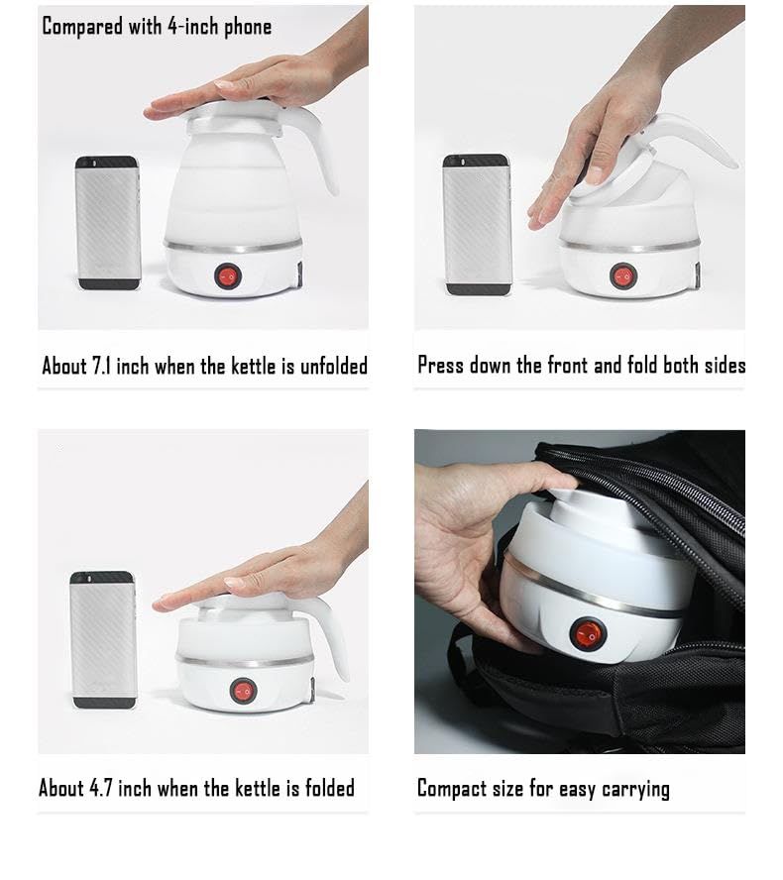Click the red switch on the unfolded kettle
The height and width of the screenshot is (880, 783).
pos(228,276)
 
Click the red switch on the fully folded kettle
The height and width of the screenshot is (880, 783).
pos(243,690)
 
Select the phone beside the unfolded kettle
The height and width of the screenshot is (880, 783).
pos(107,223)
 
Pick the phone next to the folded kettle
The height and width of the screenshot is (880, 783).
pos(103,640)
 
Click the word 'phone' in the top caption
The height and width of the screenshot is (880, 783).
pos(248,27)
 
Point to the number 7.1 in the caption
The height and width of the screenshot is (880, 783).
pos(101,366)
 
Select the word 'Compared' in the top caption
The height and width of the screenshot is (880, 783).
pos(82,27)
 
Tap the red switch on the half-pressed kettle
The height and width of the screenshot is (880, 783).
pos(623,276)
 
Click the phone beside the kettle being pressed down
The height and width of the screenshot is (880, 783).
pos(477,225)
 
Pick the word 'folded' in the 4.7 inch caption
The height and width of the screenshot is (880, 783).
pos(329,788)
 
